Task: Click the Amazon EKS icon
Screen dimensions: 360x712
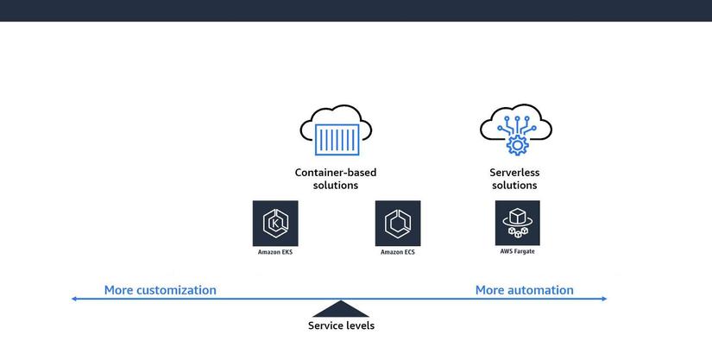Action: tap(275, 224)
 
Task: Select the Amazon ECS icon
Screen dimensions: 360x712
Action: tap(398, 224)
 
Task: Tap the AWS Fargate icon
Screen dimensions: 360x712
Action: tap(517, 223)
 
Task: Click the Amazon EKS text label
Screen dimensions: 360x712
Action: tap(275, 252)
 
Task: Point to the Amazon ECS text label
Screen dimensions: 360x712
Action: tap(398, 252)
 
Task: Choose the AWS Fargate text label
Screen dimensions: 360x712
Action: tap(517, 251)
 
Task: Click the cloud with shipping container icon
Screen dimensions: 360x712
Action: tap(336, 130)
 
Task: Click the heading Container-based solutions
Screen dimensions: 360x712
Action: tap(336, 179)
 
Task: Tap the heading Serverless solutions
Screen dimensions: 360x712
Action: tap(514, 179)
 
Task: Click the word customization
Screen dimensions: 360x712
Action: tap(176, 290)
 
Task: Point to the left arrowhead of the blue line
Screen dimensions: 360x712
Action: tap(75, 299)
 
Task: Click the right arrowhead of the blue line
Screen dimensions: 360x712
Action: tap(603, 299)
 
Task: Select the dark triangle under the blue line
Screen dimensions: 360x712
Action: tap(342, 309)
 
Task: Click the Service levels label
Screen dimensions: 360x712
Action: tap(342, 325)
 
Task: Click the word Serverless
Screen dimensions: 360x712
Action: tap(514, 173)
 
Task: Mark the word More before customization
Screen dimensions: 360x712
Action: tap(118, 290)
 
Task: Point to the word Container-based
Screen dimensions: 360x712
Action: tap(336, 173)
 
